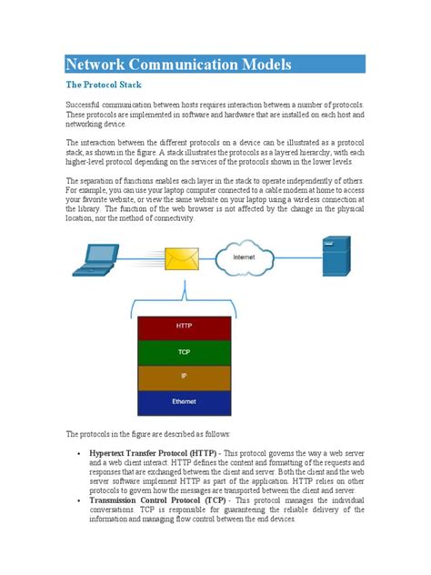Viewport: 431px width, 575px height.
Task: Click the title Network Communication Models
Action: (179, 65)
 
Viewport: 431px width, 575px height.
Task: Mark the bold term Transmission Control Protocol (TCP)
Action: (159, 525)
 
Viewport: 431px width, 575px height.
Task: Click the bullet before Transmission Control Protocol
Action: (81, 525)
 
